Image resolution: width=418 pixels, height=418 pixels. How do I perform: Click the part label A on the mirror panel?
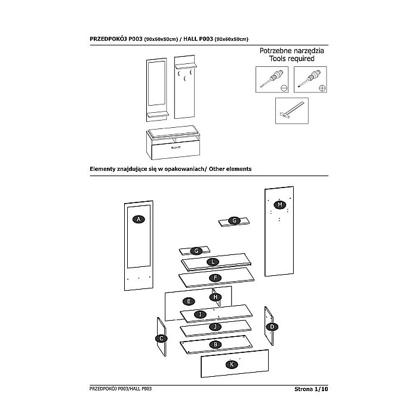click(x=139, y=219)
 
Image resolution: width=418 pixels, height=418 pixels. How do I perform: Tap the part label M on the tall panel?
click(x=279, y=205)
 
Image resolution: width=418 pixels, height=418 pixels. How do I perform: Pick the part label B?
click(x=213, y=345)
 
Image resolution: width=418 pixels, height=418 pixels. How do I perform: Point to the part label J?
click(x=213, y=327)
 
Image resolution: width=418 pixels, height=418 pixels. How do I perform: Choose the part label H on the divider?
click(x=216, y=297)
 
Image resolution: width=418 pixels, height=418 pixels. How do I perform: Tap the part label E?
click(x=188, y=301)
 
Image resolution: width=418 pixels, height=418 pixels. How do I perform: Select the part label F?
click(x=212, y=278)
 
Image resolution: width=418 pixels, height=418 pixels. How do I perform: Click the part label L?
click(x=211, y=262)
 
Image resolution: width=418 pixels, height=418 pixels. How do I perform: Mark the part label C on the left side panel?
click(x=161, y=338)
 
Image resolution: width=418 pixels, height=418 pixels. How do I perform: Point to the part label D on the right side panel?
click(x=272, y=327)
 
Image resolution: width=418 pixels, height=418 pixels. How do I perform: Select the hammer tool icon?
click(x=291, y=110)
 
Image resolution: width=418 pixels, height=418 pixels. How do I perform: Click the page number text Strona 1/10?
click(x=311, y=389)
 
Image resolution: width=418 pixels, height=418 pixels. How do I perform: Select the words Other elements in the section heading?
click(x=226, y=169)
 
